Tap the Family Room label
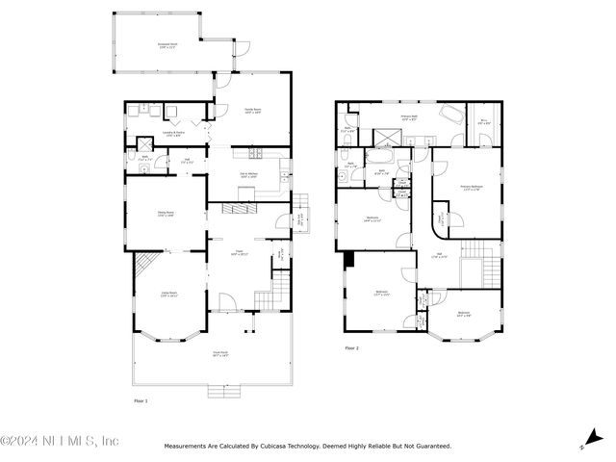click(x=252, y=110)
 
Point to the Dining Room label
click(x=166, y=214)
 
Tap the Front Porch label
click(x=219, y=354)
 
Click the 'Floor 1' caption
click(x=141, y=399)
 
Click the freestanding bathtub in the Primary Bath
click(x=450, y=113)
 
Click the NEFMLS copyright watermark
click(x=60, y=442)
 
